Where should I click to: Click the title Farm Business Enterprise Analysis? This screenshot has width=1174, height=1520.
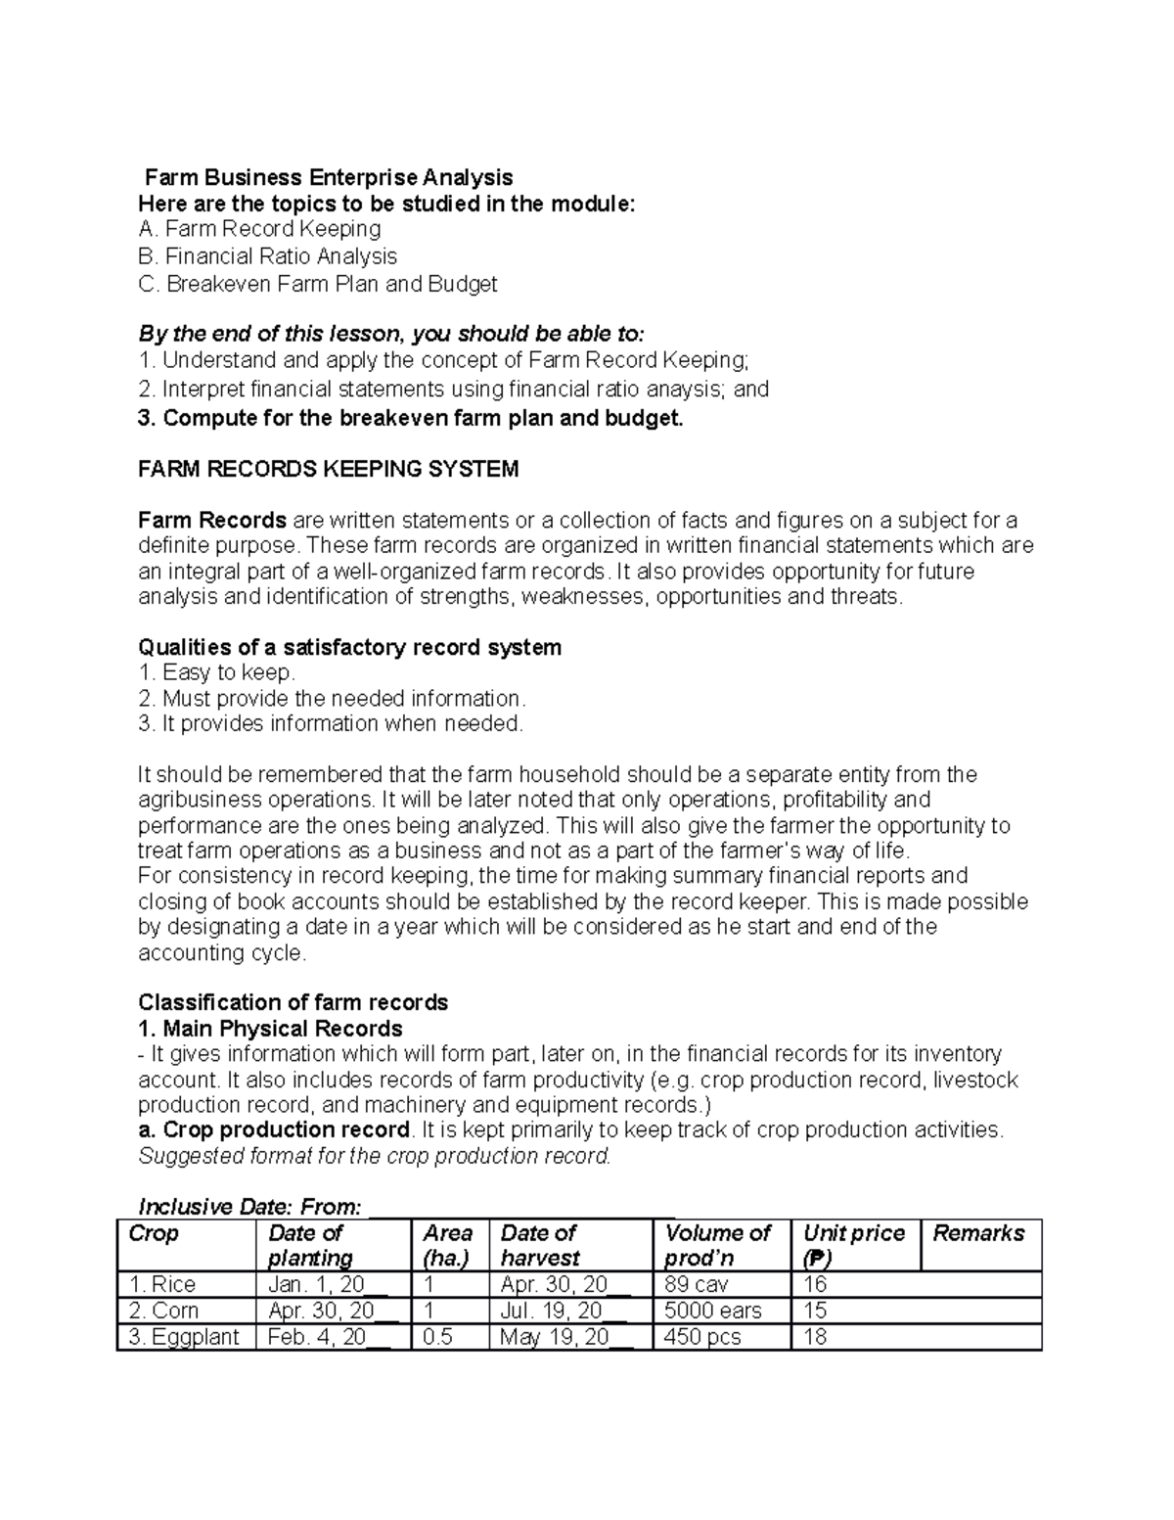tap(329, 177)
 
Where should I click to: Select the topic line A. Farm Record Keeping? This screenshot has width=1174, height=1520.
tap(260, 229)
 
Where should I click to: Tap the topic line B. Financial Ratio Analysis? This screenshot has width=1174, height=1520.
tap(268, 256)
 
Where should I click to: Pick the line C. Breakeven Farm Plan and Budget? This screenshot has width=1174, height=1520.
tap(318, 284)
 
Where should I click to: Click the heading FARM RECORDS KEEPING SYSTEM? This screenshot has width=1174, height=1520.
tap(328, 469)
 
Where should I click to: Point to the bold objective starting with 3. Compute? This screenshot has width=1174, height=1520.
tap(410, 418)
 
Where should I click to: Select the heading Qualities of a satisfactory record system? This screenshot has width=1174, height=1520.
tap(350, 647)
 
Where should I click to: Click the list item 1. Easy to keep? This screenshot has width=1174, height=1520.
tap(216, 672)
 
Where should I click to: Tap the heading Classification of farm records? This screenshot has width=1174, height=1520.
tap(293, 1002)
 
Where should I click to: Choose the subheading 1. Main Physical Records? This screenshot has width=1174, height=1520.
tap(270, 1029)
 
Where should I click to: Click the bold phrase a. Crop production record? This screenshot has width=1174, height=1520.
tap(274, 1129)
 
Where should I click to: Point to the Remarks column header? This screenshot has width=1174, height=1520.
tap(978, 1233)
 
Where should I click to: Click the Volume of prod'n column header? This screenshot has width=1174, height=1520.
tap(717, 1245)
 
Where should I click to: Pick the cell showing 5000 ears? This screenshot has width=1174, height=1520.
tap(711, 1311)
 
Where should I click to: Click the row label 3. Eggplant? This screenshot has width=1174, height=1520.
tap(184, 1337)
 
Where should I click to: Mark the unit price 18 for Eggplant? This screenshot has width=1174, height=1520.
tap(815, 1337)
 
